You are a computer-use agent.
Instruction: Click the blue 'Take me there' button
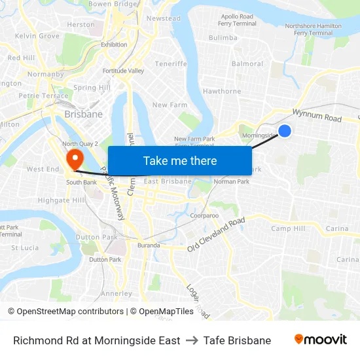click(x=180, y=160)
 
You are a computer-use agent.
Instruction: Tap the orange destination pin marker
click(x=75, y=158)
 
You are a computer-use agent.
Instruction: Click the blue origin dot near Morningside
click(x=285, y=131)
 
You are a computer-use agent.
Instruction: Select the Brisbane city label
click(x=83, y=114)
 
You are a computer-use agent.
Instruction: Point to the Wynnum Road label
click(x=317, y=116)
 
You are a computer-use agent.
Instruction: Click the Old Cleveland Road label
click(x=215, y=234)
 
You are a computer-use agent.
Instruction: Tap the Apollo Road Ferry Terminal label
click(x=238, y=20)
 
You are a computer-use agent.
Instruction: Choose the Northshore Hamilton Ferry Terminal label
click(x=313, y=29)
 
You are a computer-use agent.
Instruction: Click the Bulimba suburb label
click(x=223, y=38)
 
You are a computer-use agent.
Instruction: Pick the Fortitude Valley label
click(x=123, y=71)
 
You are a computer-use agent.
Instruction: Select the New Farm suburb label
click(x=170, y=105)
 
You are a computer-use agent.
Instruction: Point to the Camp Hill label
click(x=288, y=228)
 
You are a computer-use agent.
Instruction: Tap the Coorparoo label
click(x=204, y=215)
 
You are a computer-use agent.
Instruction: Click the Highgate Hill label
click(x=61, y=200)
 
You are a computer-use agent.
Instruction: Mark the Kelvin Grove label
click(x=37, y=36)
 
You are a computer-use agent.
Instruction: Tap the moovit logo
click(x=320, y=340)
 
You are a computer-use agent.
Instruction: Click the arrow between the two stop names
click(x=192, y=340)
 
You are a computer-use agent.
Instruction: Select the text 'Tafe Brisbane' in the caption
click(x=237, y=340)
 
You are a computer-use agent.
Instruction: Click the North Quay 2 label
click(x=80, y=143)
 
